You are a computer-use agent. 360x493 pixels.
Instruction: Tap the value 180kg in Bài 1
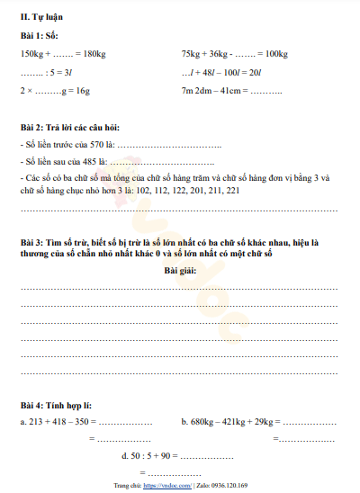pos(96,54)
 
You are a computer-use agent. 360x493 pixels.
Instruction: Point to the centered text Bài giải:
pos(180,270)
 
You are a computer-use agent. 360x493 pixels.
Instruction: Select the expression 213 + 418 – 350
pos(56,421)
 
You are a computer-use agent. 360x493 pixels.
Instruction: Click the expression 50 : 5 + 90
pos(153,455)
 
